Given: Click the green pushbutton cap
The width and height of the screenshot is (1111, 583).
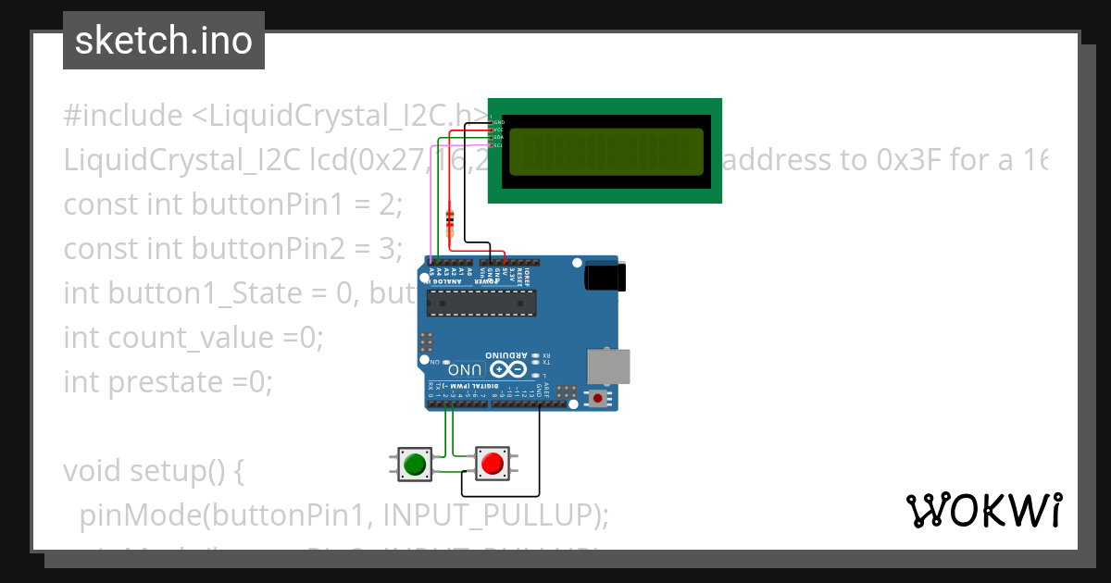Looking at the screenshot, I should click(x=414, y=463).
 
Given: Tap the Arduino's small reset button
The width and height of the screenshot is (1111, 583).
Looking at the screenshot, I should click(x=599, y=399).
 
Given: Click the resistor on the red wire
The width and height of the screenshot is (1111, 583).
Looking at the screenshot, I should click(x=450, y=220).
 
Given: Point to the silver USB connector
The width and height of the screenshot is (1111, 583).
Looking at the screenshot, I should click(x=609, y=366).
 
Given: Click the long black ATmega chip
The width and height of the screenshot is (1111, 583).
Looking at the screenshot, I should click(x=481, y=302).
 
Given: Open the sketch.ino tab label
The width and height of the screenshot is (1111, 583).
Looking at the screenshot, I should click(x=164, y=41).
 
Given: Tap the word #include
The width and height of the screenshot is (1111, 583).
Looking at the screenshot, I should click(x=123, y=116).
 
